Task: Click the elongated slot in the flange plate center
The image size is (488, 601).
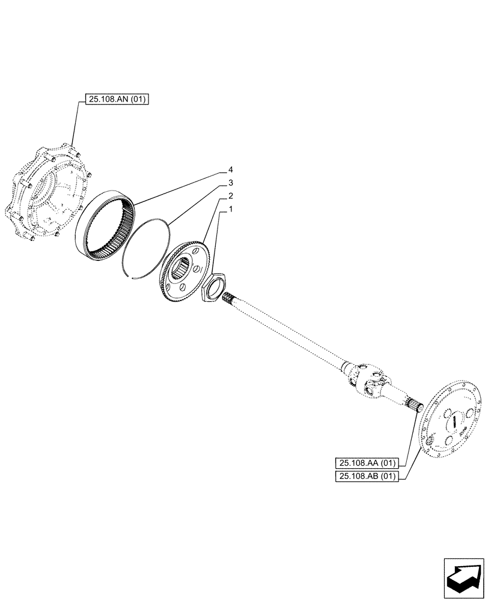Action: tap(456, 419)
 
